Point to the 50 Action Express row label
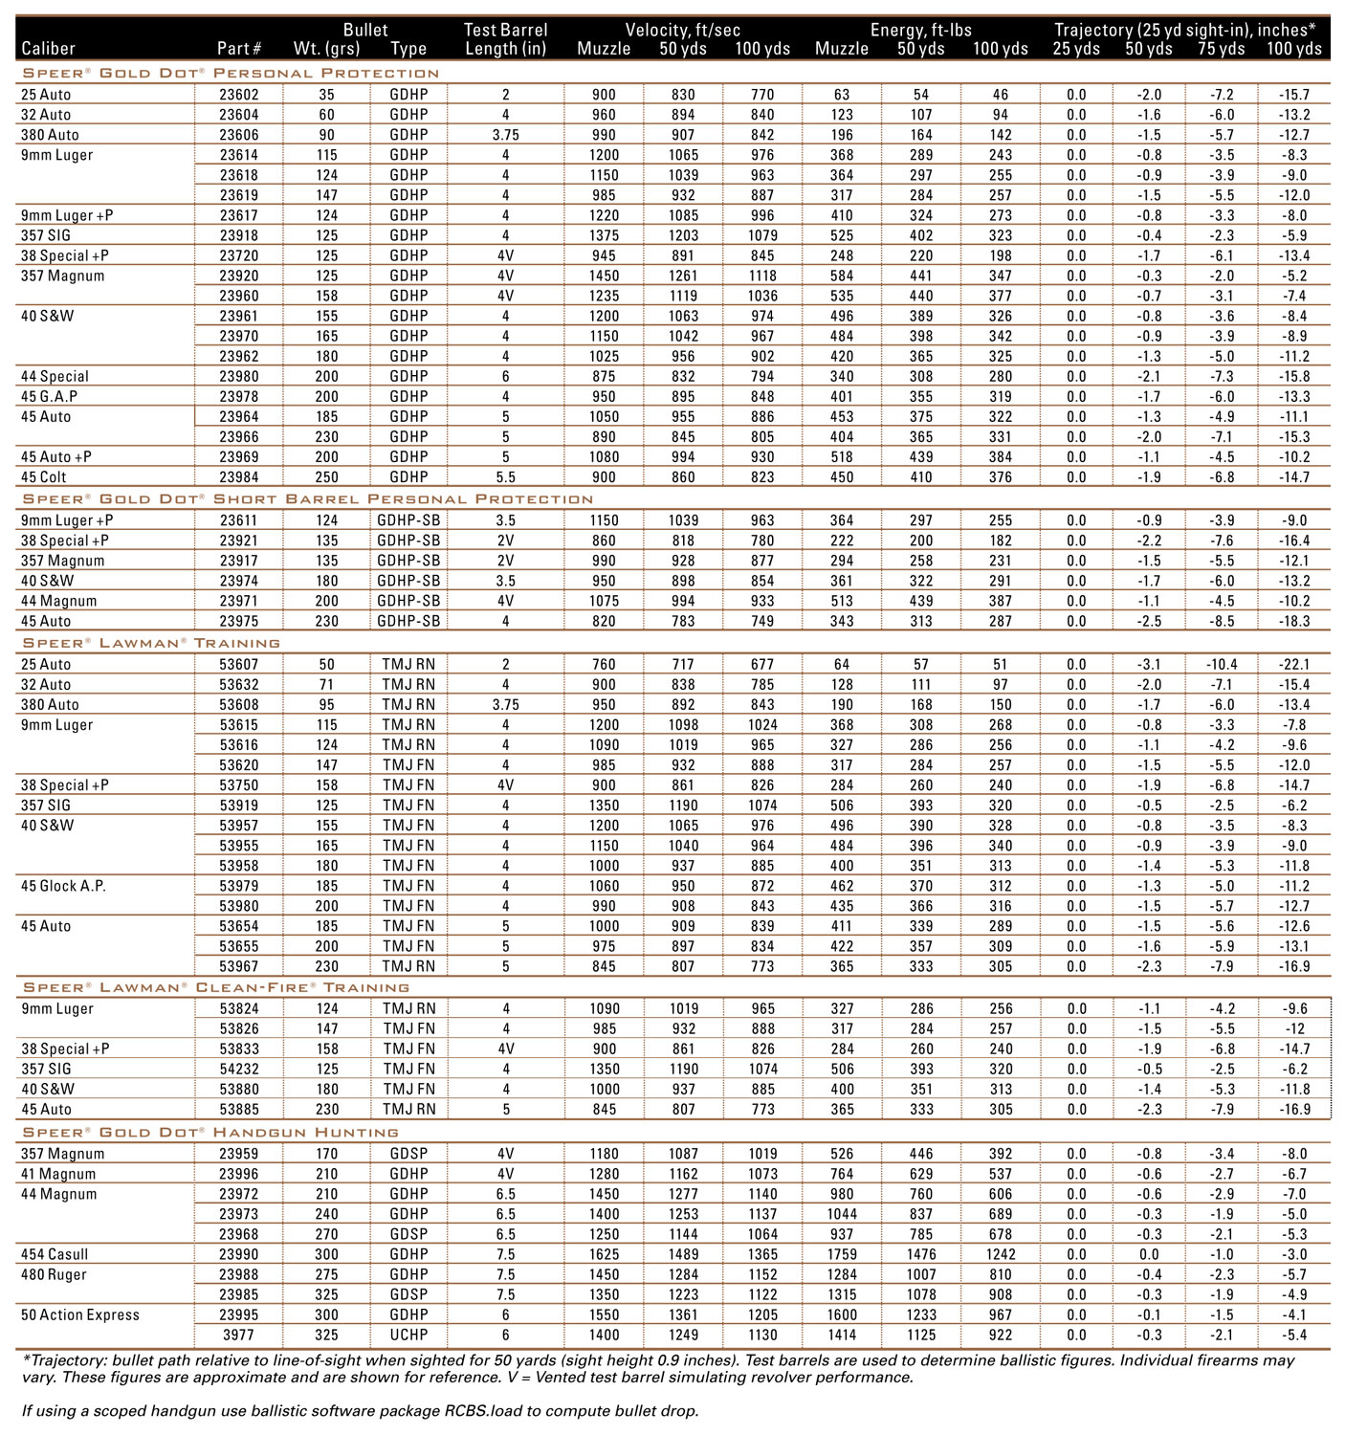[80, 1314]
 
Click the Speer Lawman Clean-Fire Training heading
[216, 987]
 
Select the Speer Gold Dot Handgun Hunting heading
[210, 1133]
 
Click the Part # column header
[239, 49]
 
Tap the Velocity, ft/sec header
[683, 30]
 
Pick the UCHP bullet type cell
[408, 1335]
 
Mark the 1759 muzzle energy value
[842, 1254]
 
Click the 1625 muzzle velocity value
[605, 1254]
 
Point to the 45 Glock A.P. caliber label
[63, 886]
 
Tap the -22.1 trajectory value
[1293, 664]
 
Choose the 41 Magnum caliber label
[58, 1174]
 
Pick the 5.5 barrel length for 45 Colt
[505, 476]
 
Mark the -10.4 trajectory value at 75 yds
[1222, 664]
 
